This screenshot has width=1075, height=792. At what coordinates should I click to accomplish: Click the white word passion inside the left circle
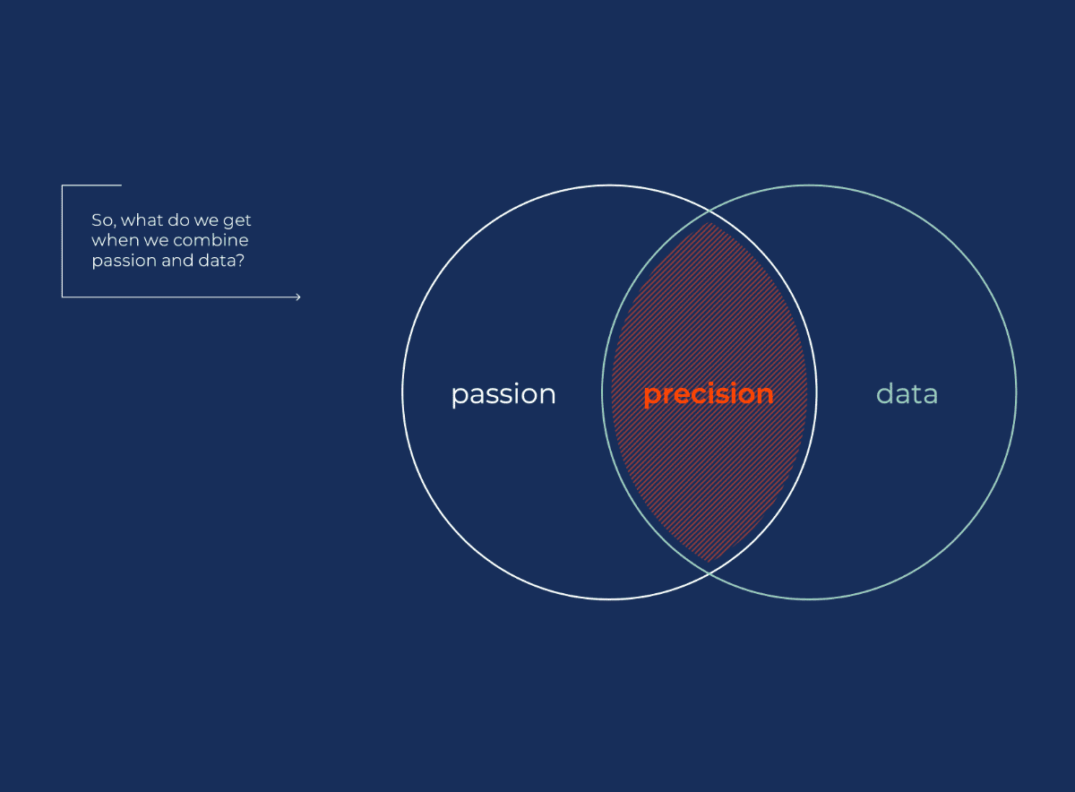pyautogui.click(x=503, y=395)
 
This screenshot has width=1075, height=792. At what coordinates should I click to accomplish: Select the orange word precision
pyautogui.click(x=709, y=395)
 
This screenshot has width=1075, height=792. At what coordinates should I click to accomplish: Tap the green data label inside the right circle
pyautogui.click(x=907, y=393)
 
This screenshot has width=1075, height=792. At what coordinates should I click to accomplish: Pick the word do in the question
pyautogui.click(x=178, y=220)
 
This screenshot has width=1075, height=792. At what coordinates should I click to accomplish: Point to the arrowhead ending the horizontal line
pyautogui.click(x=298, y=297)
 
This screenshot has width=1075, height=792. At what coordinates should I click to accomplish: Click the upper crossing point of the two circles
pyautogui.click(x=709, y=211)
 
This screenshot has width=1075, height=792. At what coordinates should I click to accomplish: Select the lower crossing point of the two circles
pyautogui.click(x=709, y=573)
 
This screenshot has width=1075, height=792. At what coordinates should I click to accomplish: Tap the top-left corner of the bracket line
pyautogui.click(x=63, y=185)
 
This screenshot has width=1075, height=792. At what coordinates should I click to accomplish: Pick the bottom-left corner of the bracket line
pyautogui.click(x=63, y=297)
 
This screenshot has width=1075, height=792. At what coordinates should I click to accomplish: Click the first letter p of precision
pyautogui.click(x=650, y=398)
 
